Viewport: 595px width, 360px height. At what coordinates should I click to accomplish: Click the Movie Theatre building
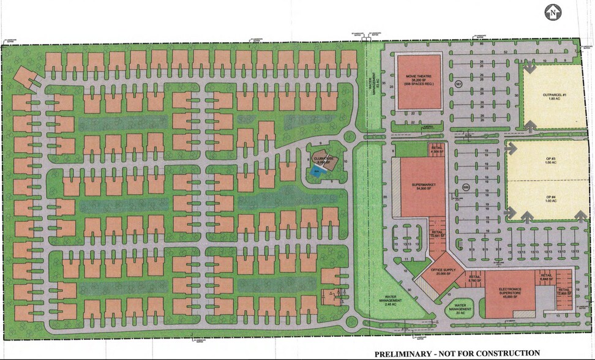419,81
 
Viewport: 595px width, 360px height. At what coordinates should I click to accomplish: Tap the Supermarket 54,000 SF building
419,186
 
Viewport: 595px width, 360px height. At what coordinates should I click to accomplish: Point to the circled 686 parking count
465,188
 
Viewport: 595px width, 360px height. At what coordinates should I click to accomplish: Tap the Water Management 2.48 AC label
389,301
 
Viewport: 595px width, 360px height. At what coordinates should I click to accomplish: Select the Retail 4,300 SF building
436,149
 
